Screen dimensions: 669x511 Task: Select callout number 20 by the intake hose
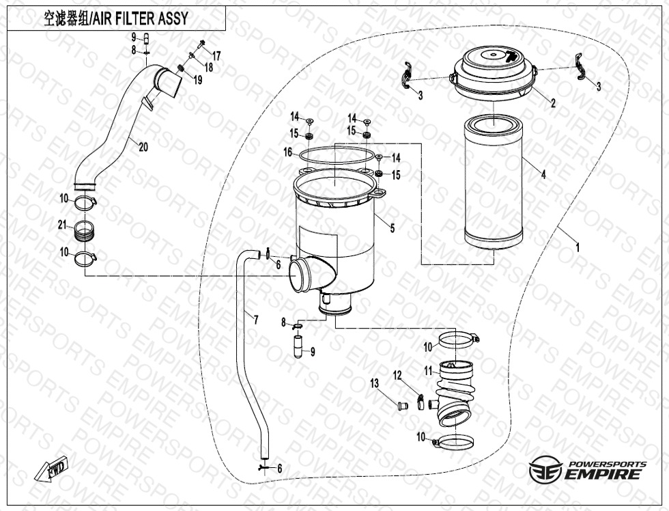coord(143,147)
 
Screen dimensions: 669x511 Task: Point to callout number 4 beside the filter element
coord(543,174)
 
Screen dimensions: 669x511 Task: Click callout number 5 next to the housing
coord(392,228)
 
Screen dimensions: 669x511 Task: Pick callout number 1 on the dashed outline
coord(578,247)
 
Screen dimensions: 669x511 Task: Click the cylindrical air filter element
coord(493,184)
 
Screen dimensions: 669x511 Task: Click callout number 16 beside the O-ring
coord(287,152)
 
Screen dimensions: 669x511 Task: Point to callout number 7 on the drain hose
coord(255,320)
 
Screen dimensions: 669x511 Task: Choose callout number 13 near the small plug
coord(374,383)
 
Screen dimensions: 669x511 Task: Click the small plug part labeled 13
coord(401,404)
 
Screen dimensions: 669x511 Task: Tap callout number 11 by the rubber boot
coord(429,372)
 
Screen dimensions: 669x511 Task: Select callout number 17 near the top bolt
coord(216,56)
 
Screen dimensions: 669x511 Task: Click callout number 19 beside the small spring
coord(197,79)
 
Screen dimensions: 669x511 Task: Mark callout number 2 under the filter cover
coord(553,103)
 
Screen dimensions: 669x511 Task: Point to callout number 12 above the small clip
coord(397,375)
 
